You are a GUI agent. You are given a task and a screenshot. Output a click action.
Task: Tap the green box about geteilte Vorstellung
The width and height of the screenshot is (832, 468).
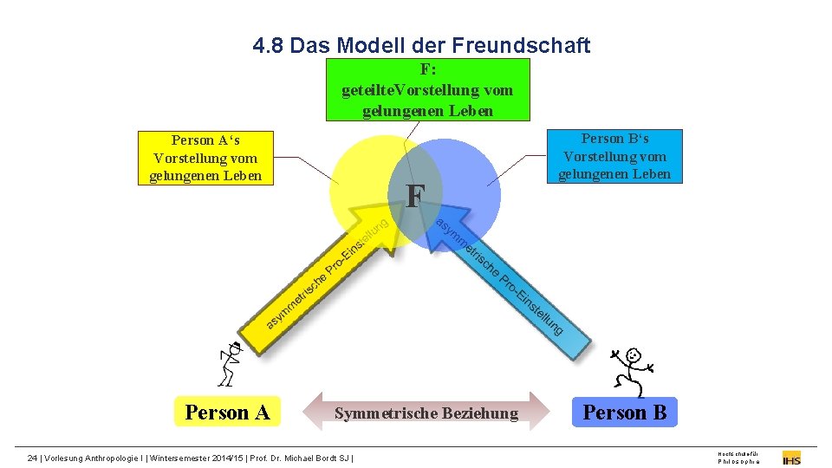point(427,89)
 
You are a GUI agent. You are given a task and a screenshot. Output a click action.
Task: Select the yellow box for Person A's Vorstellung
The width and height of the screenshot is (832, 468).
point(205,158)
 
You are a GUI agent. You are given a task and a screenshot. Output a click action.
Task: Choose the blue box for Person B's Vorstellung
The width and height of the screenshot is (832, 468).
point(614,156)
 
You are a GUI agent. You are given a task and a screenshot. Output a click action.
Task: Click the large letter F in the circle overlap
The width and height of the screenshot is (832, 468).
point(414,197)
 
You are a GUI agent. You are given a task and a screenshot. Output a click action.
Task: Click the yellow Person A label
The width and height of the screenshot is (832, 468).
point(227,413)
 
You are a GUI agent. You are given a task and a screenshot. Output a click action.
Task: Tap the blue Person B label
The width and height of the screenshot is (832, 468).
point(625,413)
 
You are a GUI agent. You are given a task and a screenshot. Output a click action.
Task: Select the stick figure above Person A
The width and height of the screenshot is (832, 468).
point(229,363)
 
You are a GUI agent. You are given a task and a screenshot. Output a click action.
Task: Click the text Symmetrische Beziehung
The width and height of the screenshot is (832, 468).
point(426,413)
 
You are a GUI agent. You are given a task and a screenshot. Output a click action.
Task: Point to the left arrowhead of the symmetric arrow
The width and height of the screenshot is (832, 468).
point(314,413)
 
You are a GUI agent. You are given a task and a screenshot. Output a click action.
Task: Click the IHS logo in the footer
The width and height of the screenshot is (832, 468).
point(791,457)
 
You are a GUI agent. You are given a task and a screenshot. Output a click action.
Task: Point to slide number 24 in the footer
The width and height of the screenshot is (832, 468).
point(33,457)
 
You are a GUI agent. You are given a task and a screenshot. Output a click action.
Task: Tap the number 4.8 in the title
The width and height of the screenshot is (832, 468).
point(269,45)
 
